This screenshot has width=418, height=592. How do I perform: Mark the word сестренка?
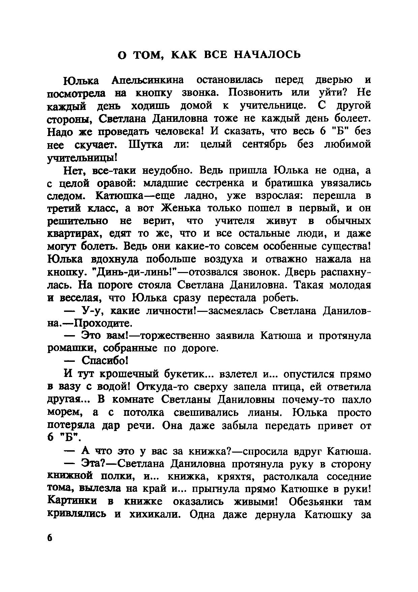point(216,183)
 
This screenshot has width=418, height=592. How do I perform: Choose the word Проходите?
point(102,323)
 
